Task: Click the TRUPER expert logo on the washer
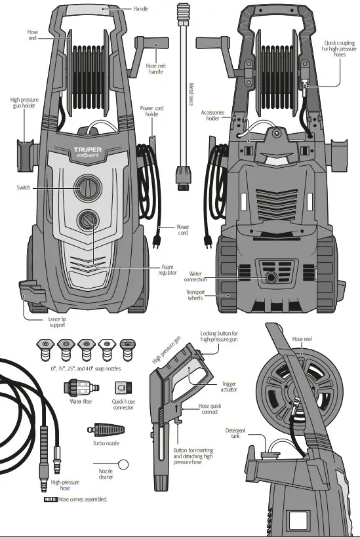tap(87, 153)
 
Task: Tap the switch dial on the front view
tap(87, 187)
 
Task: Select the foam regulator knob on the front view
tap(87, 220)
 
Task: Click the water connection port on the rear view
tap(270, 278)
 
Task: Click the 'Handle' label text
tap(141, 10)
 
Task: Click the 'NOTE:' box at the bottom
tap(50, 500)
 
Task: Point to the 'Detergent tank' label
tap(235, 434)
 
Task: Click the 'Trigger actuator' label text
tap(229, 386)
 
